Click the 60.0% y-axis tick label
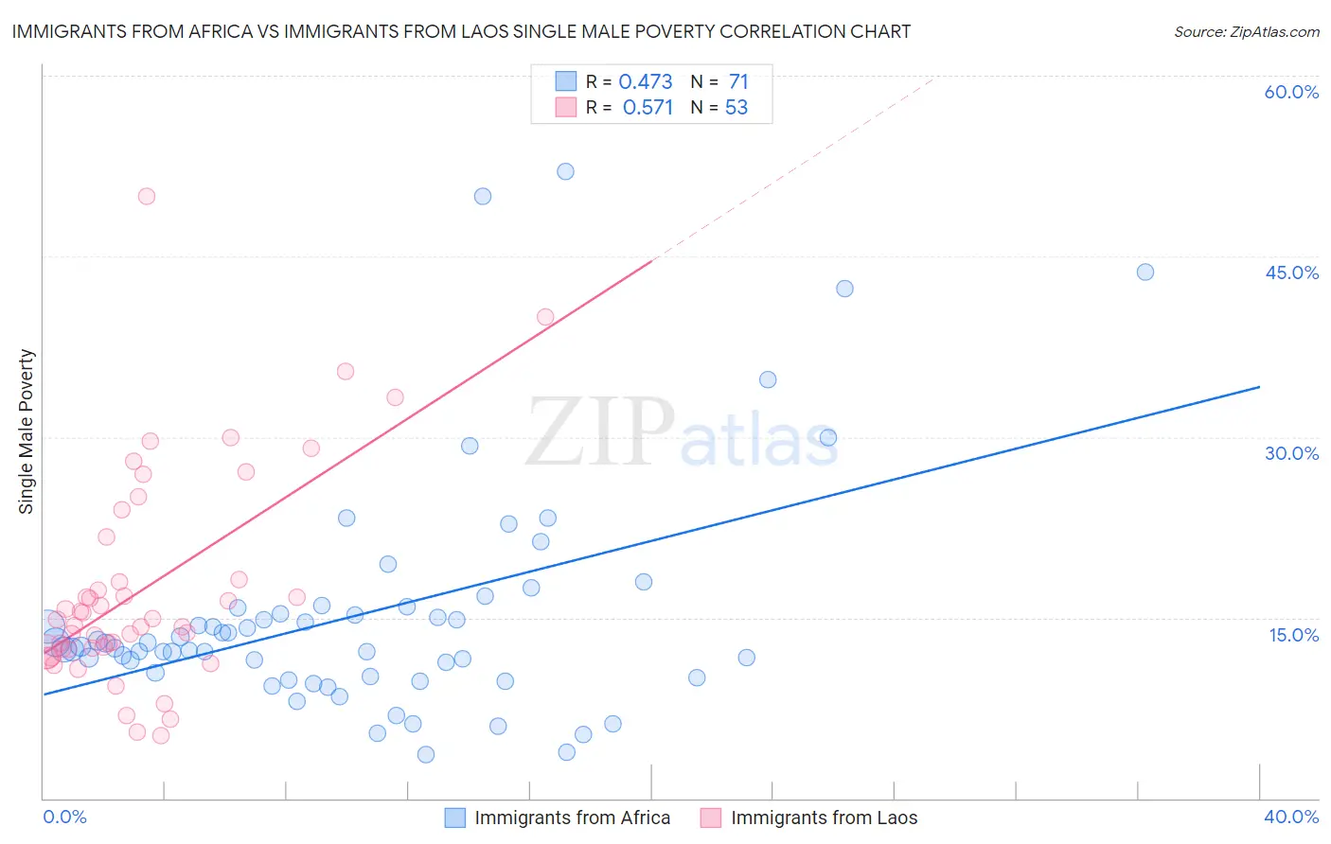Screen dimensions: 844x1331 coord(1291,92)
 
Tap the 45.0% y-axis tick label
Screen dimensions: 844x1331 coord(1291,273)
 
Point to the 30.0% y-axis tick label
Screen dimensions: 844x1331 coord(1291,453)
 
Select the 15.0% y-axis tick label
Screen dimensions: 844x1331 coord(1293,635)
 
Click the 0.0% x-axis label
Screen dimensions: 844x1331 coord(65,817)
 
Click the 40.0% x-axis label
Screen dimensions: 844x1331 coord(1291,817)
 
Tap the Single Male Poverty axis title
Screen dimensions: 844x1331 coord(27,431)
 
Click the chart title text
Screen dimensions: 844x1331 coord(461,31)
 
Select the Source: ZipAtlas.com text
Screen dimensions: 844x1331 coord(1246,32)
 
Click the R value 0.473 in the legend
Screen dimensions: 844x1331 coord(646,82)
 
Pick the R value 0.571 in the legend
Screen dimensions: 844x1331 coord(648,108)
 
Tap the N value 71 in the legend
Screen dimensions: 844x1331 coord(738,82)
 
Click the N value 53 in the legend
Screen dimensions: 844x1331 coord(736,108)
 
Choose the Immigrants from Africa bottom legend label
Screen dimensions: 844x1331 coord(572,818)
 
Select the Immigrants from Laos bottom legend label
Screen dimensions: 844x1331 coord(824,818)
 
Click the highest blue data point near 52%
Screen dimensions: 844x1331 coord(565,171)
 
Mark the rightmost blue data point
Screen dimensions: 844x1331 coord(1145,273)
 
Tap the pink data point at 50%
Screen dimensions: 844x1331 coord(147,197)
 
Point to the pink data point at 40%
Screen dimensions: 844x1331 coord(545,317)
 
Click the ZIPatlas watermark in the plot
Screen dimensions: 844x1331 coord(682,432)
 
